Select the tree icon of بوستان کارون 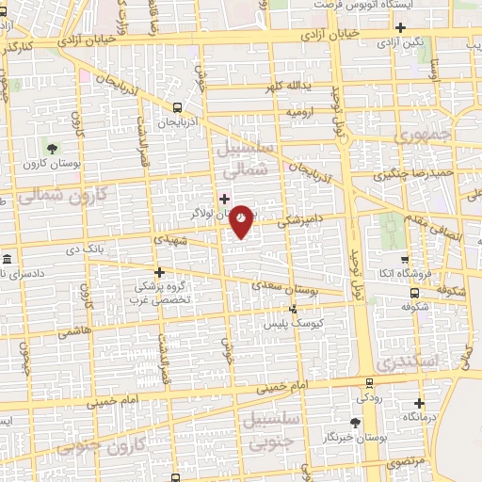coord(52,148)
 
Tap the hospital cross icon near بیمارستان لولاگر coord(224,200)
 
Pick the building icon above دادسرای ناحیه coord(7,259)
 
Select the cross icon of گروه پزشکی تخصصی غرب coord(159,272)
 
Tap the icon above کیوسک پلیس coord(294,308)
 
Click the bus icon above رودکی coord(369,383)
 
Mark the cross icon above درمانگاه coord(421,402)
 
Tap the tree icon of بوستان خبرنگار coord(354,423)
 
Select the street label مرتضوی coord(406,461)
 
